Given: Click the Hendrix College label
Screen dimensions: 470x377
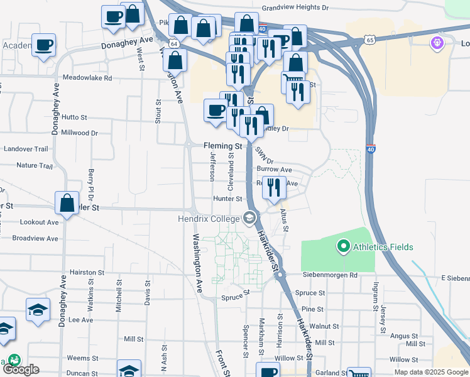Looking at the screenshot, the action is click(x=208, y=219).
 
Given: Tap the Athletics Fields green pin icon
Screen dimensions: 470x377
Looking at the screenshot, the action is click(x=343, y=246).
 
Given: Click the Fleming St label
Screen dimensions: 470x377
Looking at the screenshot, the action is click(x=222, y=145).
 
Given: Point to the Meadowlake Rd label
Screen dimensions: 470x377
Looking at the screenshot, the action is click(x=87, y=78).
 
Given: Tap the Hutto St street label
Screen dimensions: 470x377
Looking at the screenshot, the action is click(x=74, y=117).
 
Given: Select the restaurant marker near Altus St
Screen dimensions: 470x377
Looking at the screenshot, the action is click(x=274, y=187).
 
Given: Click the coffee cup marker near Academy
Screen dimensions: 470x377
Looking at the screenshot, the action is click(x=44, y=45).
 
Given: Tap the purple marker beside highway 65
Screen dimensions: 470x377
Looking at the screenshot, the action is click(x=437, y=43).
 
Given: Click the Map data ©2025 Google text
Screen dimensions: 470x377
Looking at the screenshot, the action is click(x=430, y=372).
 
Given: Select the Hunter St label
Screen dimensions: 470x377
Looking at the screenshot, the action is click(x=227, y=199).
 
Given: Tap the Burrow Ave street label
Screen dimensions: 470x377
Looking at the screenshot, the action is click(x=274, y=170).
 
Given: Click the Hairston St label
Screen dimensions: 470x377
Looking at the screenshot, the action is click(x=87, y=273).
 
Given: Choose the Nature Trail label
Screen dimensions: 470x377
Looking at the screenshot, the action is click(x=35, y=166).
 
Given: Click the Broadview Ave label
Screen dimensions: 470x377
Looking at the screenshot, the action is click(x=35, y=238).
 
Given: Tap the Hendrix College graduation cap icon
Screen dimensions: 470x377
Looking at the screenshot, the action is click(x=250, y=218).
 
